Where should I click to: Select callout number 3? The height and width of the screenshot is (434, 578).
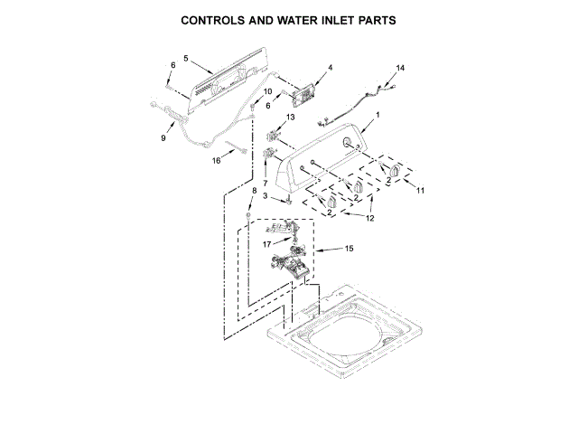pyautogui.click(x=265, y=197)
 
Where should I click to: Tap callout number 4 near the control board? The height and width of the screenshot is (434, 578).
pyautogui.click(x=330, y=68)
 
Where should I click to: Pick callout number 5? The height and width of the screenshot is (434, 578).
pyautogui.click(x=185, y=59)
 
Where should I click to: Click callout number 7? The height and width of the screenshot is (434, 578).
pyautogui.click(x=265, y=184)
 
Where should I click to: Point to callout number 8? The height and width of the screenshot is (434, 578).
pyautogui.click(x=254, y=191)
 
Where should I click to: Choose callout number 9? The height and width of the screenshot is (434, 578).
pyautogui.click(x=163, y=137)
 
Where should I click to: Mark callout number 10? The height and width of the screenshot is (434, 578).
pyautogui.click(x=267, y=92)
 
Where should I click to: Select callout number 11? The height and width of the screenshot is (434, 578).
pyautogui.click(x=419, y=190)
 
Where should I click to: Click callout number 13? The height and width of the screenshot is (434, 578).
pyautogui.click(x=291, y=118)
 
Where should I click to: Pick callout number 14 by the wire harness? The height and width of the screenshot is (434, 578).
pyautogui.click(x=401, y=68)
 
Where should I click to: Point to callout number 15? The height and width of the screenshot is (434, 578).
pyautogui.click(x=350, y=249)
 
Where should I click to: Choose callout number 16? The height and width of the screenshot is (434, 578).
pyautogui.click(x=216, y=161)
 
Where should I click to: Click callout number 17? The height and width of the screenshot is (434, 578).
pyautogui.click(x=267, y=243)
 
